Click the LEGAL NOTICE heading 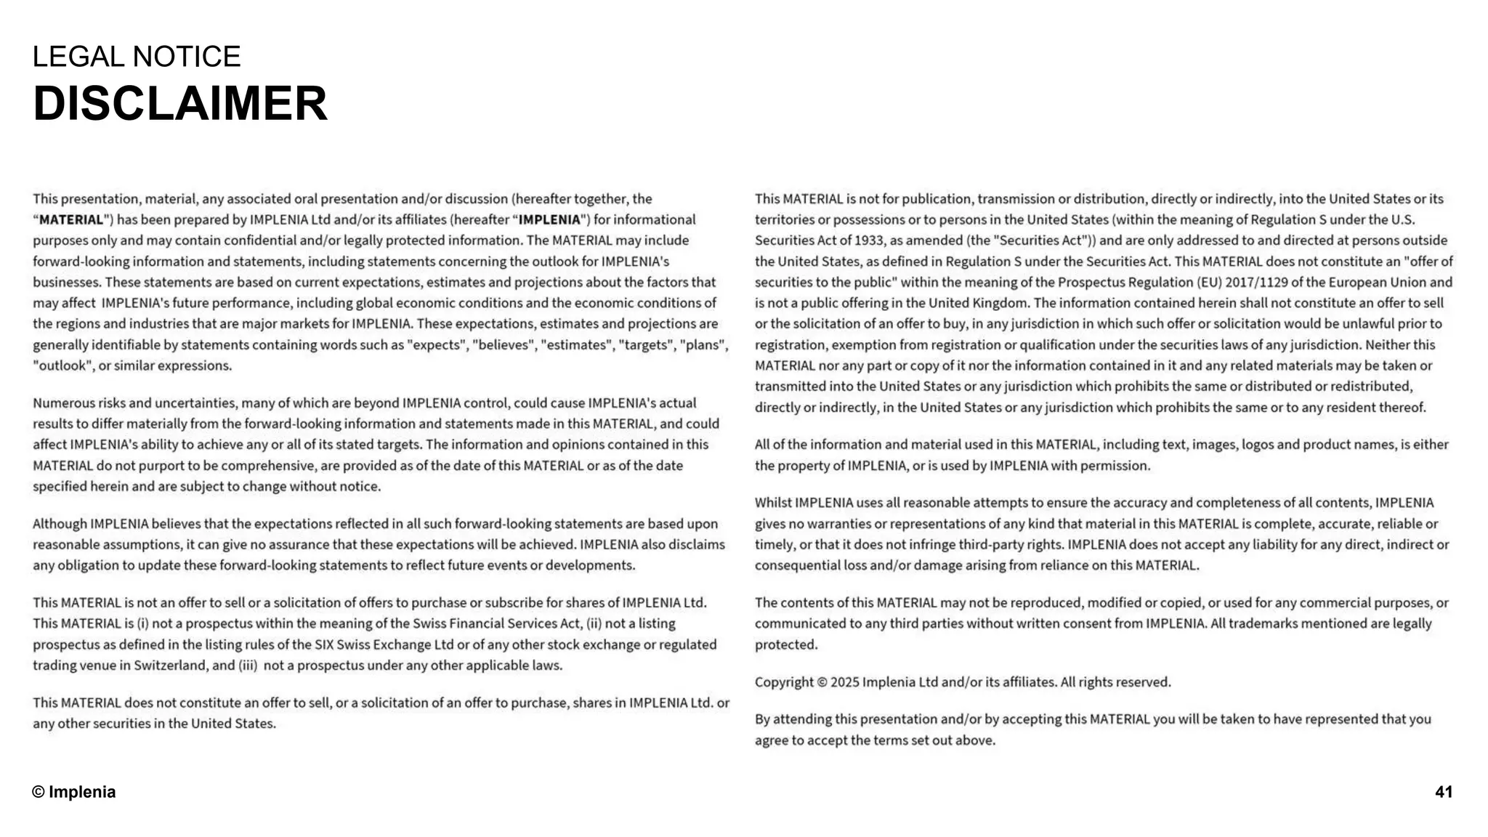(137, 57)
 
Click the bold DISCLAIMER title (180, 104)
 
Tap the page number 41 (1443, 792)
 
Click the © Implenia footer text (74, 792)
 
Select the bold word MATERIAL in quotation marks (71, 220)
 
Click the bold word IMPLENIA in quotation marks (549, 220)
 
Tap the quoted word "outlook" (62, 366)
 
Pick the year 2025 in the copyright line (845, 682)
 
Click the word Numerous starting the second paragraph (63, 403)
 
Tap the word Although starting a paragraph (60, 524)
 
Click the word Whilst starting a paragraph (773, 503)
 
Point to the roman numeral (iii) (248, 666)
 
